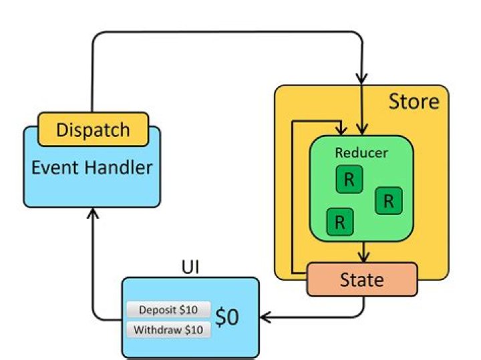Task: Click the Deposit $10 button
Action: pyautogui.click(x=168, y=310)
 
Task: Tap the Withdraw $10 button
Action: pyautogui.click(x=168, y=329)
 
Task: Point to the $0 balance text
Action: pyautogui.click(x=228, y=318)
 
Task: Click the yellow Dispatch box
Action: pyautogui.click(x=93, y=130)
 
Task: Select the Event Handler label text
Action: pyautogui.click(x=92, y=166)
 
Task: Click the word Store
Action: pyautogui.click(x=414, y=102)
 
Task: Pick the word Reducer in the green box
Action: pyautogui.click(x=361, y=153)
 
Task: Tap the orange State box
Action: pyautogui.click(x=362, y=279)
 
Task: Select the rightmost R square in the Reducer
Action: pyautogui.click(x=389, y=200)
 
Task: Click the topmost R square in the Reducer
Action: pyautogui.click(x=348, y=178)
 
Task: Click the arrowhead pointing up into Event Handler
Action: pyautogui.click(x=93, y=213)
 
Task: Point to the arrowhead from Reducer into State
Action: pyautogui.click(x=363, y=258)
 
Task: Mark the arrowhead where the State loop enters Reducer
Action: pyautogui.click(x=341, y=130)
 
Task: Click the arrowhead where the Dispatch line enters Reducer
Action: pyautogui.click(x=362, y=130)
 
